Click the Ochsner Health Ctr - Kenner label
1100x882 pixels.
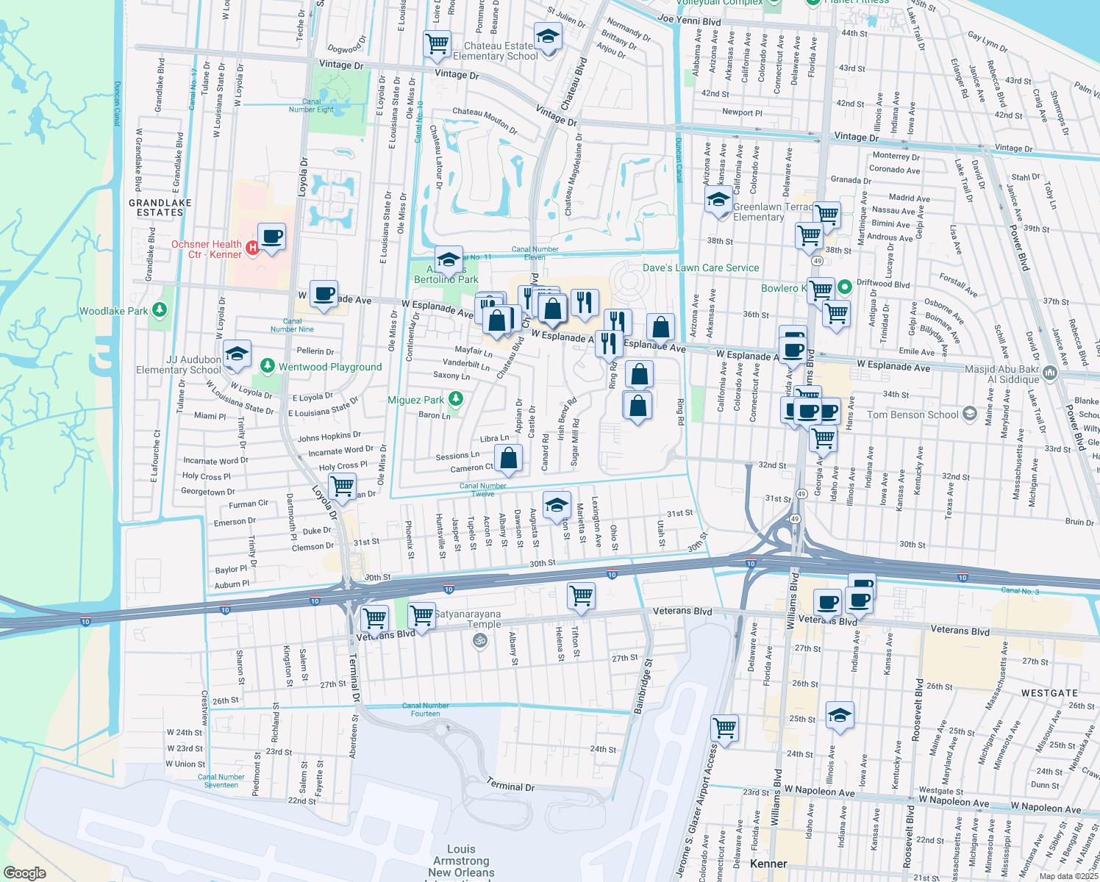[207, 249]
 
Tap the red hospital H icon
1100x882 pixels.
[252, 248]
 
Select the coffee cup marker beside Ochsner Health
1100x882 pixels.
[271, 237]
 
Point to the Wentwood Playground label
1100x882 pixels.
[330, 367]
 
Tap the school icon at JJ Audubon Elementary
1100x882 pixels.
[236, 354]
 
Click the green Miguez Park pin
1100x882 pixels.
[456, 399]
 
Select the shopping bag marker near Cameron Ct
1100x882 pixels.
[508, 458]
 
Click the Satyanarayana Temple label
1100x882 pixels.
[468, 619]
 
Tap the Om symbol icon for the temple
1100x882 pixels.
[479, 641]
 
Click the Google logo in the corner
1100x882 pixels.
[25, 872]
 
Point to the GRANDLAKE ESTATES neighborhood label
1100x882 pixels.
[160, 207]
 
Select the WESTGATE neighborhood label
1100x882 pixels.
[1049, 693]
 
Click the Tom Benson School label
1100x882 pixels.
[913, 415]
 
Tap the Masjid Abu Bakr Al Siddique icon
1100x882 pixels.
[1049, 373]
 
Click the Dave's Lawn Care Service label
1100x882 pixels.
[701, 268]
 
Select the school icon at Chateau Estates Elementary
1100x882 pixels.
[547, 35]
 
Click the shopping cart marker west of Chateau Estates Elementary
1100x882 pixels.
[438, 43]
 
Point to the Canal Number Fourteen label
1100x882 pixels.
[426, 709]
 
